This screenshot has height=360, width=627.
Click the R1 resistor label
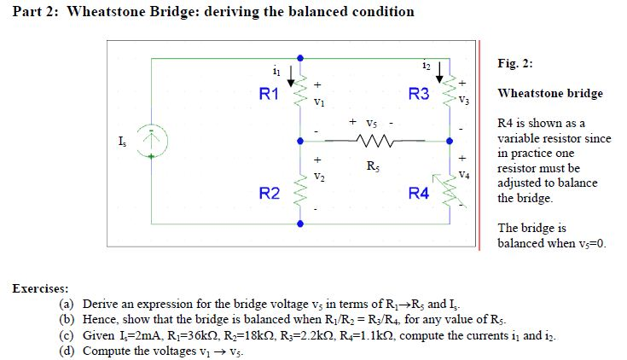click(269, 95)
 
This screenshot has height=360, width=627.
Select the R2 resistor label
click(269, 194)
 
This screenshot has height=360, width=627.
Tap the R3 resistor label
click(419, 94)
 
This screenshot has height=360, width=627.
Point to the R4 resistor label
click(419, 194)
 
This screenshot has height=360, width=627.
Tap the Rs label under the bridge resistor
click(373, 165)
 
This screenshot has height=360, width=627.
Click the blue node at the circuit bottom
click(299, 224)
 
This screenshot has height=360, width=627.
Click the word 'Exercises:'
click(40, 288)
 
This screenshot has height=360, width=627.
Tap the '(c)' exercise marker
click(67, 335)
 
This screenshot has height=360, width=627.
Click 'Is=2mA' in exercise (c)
click(142, 336)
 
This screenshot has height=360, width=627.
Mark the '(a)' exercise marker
click(67, 305)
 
